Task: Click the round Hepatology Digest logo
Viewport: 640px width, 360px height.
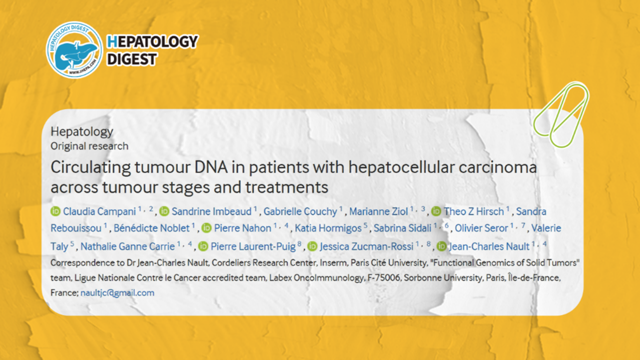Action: coord(74,49)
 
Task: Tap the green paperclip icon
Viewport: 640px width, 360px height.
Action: coord(560,115)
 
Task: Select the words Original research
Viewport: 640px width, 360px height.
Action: coord(90,146)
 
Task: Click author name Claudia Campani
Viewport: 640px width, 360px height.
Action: coord(99,211)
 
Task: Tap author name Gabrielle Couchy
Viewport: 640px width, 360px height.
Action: coord(300,211)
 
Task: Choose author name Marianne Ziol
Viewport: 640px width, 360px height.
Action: coord(379,211)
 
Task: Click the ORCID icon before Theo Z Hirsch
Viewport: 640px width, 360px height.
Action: coord(436,211)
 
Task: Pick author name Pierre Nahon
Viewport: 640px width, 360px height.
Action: coord(242,228)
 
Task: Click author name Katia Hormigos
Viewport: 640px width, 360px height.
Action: coord(328,228)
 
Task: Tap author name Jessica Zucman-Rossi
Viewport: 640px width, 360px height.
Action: coord(366,246)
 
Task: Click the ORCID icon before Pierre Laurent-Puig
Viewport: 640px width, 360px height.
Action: coord(203,246)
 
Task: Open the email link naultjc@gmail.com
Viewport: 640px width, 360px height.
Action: coord(117,293)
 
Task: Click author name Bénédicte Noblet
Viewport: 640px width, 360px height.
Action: coord(152,228)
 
